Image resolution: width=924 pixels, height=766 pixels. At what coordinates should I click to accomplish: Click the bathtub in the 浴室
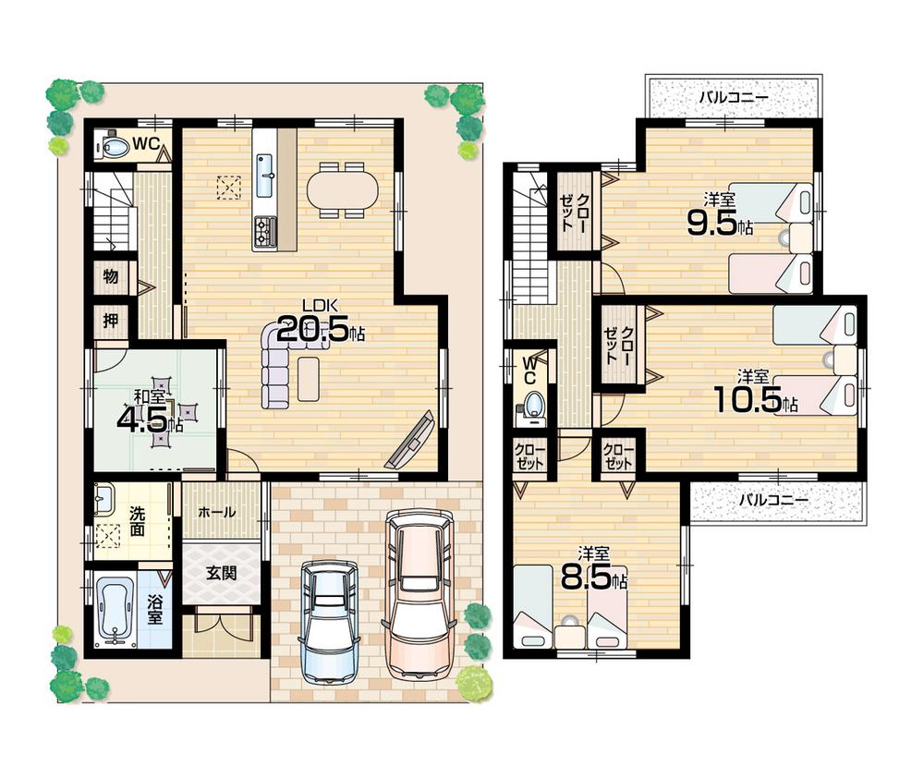[115, 611]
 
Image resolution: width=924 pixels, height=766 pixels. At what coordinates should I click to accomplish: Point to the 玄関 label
[222, 573]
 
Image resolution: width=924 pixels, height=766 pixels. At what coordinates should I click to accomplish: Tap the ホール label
[217, 512]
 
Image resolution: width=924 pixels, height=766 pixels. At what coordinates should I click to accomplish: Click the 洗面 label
[137, 524]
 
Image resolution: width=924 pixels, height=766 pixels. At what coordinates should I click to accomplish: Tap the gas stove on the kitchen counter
[265, 231]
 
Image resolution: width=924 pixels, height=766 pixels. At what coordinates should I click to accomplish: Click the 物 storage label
[110, 277]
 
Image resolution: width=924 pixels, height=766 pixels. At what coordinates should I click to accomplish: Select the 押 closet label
[110, 322]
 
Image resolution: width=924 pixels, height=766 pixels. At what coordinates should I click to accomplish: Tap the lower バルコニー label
[773, 500]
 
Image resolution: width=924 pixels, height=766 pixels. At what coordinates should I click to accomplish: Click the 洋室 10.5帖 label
[753, 393]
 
